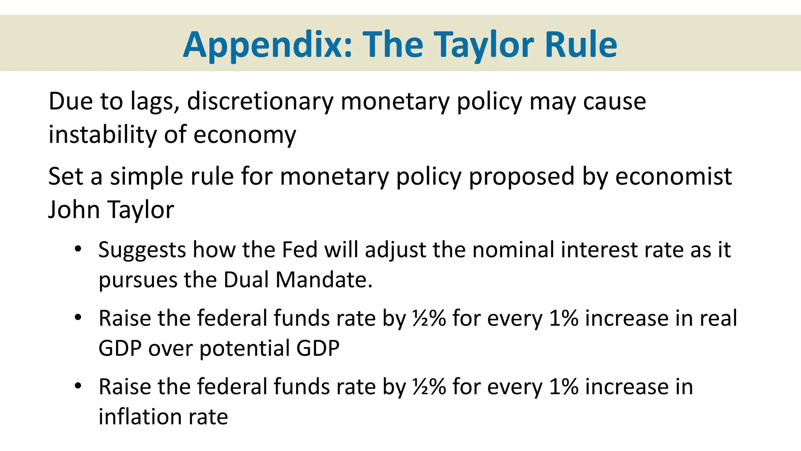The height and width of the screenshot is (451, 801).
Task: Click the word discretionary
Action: (x=260, y=101)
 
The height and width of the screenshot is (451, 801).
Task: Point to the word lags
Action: (x=155, y=102)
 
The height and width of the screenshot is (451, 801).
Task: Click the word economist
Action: (x=673, y=176)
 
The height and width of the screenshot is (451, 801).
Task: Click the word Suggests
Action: (x=142, y=250)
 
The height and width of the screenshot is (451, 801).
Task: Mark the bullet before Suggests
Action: (x=78, y=249)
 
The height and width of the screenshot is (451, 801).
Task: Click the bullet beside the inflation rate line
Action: (x=78, y=386)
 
